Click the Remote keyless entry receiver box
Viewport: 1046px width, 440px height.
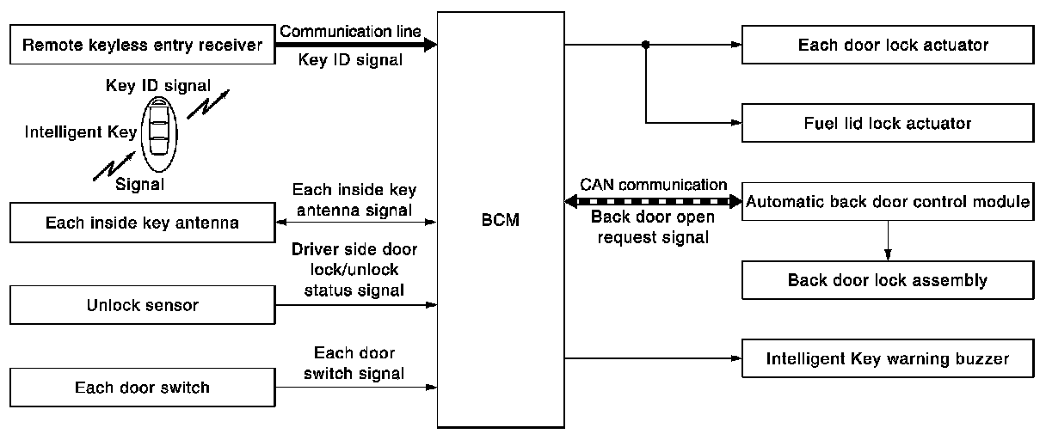[x=142, y=46]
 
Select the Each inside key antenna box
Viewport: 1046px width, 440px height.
[x=142, y=224]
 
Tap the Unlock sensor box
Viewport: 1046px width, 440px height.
[x=142, y=305]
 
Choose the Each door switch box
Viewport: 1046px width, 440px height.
[x=142, y=388]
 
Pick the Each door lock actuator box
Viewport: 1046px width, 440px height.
[x=886, y=45]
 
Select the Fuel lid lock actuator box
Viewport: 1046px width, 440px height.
[x=886, y=123]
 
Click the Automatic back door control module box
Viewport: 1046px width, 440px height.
[x=886, y=203]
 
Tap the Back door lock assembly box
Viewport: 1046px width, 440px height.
[x=886, y=280]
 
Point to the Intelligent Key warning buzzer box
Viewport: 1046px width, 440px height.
[x=886, y=357]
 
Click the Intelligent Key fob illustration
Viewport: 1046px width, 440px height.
[x=159, y=130]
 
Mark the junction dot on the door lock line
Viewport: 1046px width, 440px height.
[x=645, y=45]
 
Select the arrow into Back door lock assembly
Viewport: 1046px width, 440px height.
[x=886, y=254]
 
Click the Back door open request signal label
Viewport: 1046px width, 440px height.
[x=650, y=228]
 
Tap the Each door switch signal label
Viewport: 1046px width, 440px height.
[x=354, y=364]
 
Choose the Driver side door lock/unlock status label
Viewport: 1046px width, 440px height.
[x=354, y=270]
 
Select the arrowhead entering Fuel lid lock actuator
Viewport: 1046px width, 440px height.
[x=735, y=123]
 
